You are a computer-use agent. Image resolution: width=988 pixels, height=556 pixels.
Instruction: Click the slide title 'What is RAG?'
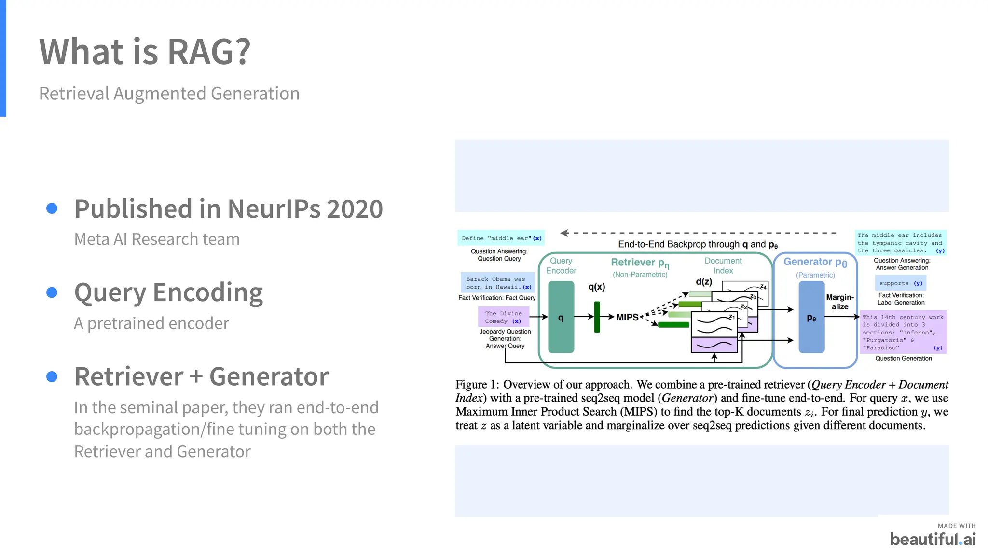pos(145,52)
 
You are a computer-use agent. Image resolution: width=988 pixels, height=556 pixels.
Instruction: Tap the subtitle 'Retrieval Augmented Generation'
pos(169,94)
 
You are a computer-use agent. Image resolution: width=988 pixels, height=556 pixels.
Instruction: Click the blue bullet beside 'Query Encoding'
pos(52,292)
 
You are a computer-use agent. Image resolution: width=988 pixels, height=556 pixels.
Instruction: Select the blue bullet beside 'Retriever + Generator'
pos(52,376)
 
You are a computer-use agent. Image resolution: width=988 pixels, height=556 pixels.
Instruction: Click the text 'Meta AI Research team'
pos(157,239)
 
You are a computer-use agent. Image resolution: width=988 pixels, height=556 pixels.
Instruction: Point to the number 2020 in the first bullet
pos(355,209)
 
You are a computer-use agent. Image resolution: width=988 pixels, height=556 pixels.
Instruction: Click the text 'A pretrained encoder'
pos(151,323)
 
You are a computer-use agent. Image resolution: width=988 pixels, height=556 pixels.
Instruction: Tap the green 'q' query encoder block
pos(561,317)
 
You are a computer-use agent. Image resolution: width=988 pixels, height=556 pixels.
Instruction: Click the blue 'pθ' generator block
pos(811,317)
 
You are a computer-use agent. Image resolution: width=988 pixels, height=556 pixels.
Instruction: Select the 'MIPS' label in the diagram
pos(627,317)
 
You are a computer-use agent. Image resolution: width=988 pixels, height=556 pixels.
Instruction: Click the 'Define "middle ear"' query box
pos(501,238)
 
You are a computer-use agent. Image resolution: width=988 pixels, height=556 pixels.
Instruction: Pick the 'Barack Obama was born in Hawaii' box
pos(498,283)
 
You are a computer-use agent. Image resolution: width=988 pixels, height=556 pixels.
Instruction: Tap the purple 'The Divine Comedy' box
pos(503,317)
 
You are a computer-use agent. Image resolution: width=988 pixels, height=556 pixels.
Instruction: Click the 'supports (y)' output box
pos(900,283)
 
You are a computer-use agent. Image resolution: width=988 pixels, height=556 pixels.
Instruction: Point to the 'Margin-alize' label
pos(840,302)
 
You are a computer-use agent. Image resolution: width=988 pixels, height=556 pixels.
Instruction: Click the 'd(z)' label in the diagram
pos(704,281)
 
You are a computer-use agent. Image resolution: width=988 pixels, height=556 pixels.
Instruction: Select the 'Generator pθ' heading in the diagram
pos(815,262)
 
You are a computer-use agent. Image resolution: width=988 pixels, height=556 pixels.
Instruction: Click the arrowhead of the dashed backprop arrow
pos(563,233)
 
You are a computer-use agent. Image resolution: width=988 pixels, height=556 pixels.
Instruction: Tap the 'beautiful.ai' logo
pos(933,539)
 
